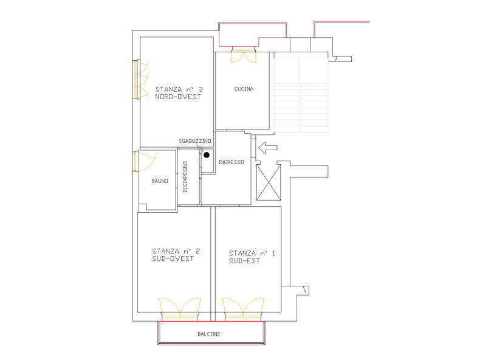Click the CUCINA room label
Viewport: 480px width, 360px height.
click(x=244, y=89)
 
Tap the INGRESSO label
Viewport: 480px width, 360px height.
click(x=231, y=162)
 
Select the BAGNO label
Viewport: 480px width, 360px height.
click(x=160, y=181)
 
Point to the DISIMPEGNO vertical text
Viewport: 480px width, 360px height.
click(x=185, y=176)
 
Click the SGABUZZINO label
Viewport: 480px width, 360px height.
click(x=194, y=141)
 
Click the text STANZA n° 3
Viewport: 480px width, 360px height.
click(x=179, y=88)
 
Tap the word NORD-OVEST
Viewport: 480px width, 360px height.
click(x=178, y=97)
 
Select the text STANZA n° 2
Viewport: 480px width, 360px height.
click(x=176, y=251)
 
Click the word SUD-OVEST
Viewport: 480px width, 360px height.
click(x=173, y=259)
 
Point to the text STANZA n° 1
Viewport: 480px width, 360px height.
click(x=252, y=253)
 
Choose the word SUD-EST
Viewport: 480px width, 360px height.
click(x=245, y=261)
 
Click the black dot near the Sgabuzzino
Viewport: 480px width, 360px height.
click(x=207, y=156)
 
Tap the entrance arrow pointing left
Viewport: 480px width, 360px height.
click(x=267, y=147)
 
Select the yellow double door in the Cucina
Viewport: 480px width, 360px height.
click(x=245, y=57)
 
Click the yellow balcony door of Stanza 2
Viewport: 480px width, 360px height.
click(x=179, y=307)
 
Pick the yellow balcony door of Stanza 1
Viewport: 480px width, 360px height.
click(x=242, y=307)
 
